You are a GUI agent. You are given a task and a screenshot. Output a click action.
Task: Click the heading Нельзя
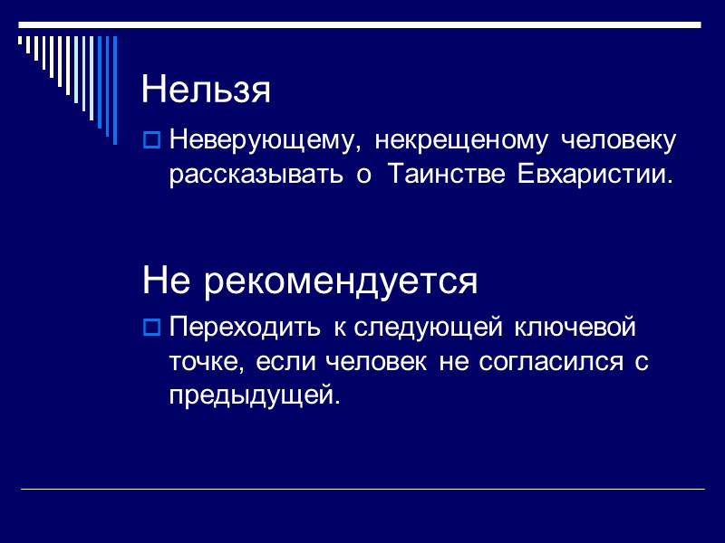pos(207,89)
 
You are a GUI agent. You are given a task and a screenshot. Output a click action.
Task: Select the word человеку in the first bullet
pos(619,142)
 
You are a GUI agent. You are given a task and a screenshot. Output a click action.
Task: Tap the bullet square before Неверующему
pos(152,141)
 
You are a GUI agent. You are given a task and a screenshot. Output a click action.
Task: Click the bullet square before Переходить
pos(152,326)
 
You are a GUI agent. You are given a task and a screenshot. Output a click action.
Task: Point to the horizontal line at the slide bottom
pos(362,490)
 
